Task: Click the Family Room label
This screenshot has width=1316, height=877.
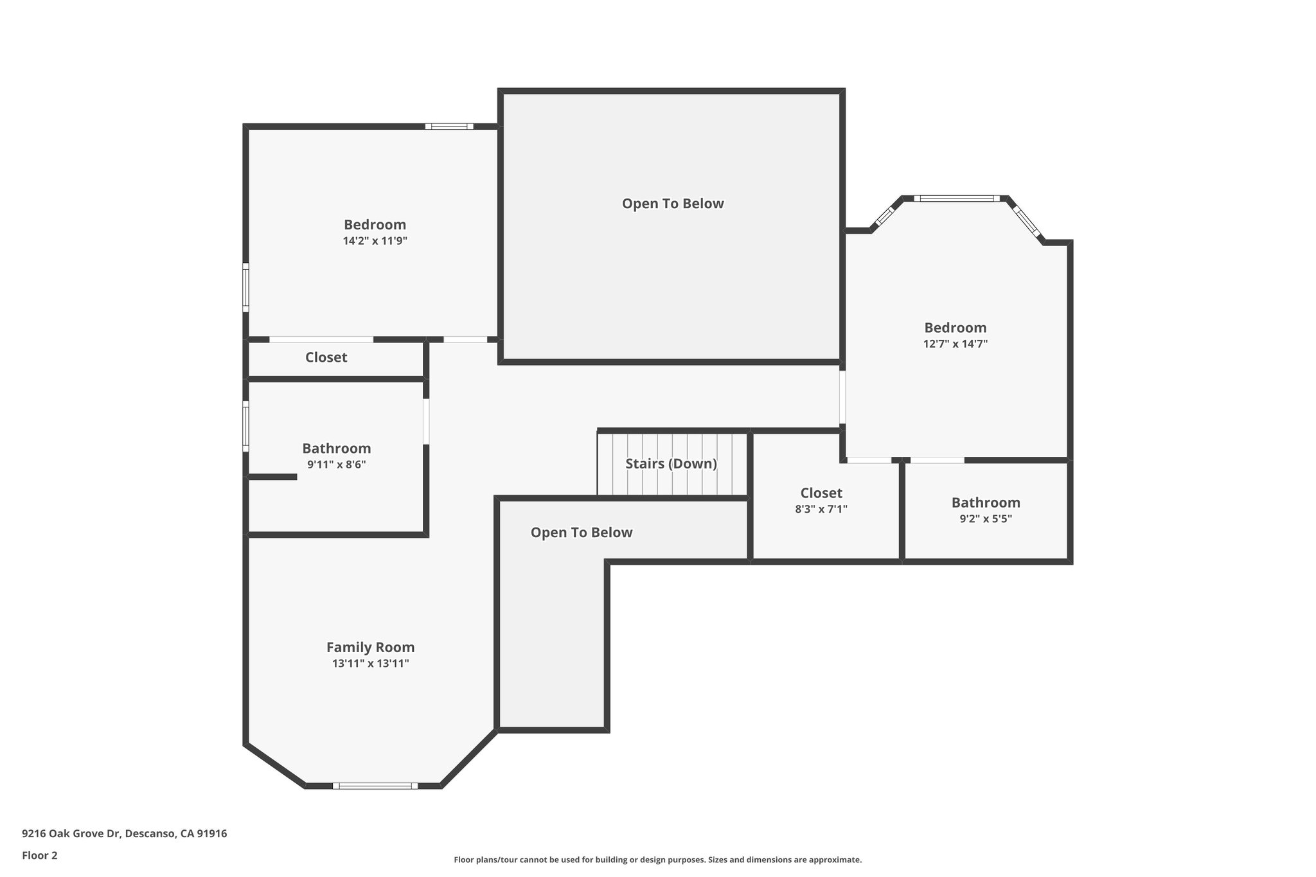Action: (370, 647)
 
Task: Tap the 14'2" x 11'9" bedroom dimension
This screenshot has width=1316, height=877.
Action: (375, 241)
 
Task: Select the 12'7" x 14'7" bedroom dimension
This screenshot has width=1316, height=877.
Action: (955, 344)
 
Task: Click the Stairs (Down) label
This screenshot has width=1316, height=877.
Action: (671, 463)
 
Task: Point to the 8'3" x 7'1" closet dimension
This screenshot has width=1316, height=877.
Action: (821, 509)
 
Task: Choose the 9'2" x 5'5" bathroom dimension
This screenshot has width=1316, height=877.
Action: (985, 519)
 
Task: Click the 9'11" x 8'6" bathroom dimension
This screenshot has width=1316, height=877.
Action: (336, 465)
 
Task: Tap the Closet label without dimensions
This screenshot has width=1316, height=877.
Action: (326, 357)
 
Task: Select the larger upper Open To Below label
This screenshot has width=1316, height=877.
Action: (672, 204)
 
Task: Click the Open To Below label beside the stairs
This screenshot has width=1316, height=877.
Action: (581, 533)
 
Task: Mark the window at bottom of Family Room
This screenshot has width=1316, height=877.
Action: (375, 786)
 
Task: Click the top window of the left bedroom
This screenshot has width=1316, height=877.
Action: (449, 127)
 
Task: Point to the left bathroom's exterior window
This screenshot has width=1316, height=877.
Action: (245, 427)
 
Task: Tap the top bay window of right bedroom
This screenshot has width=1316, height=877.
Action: (957, 199)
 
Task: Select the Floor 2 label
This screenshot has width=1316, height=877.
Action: (40, 855)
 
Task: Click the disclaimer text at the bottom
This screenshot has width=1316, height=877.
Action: (657, 860)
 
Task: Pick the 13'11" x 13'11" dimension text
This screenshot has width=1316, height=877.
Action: (370, 664)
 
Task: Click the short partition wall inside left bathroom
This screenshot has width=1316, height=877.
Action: (272, 477)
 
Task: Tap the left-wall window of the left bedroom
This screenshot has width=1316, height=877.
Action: (245, 287)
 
